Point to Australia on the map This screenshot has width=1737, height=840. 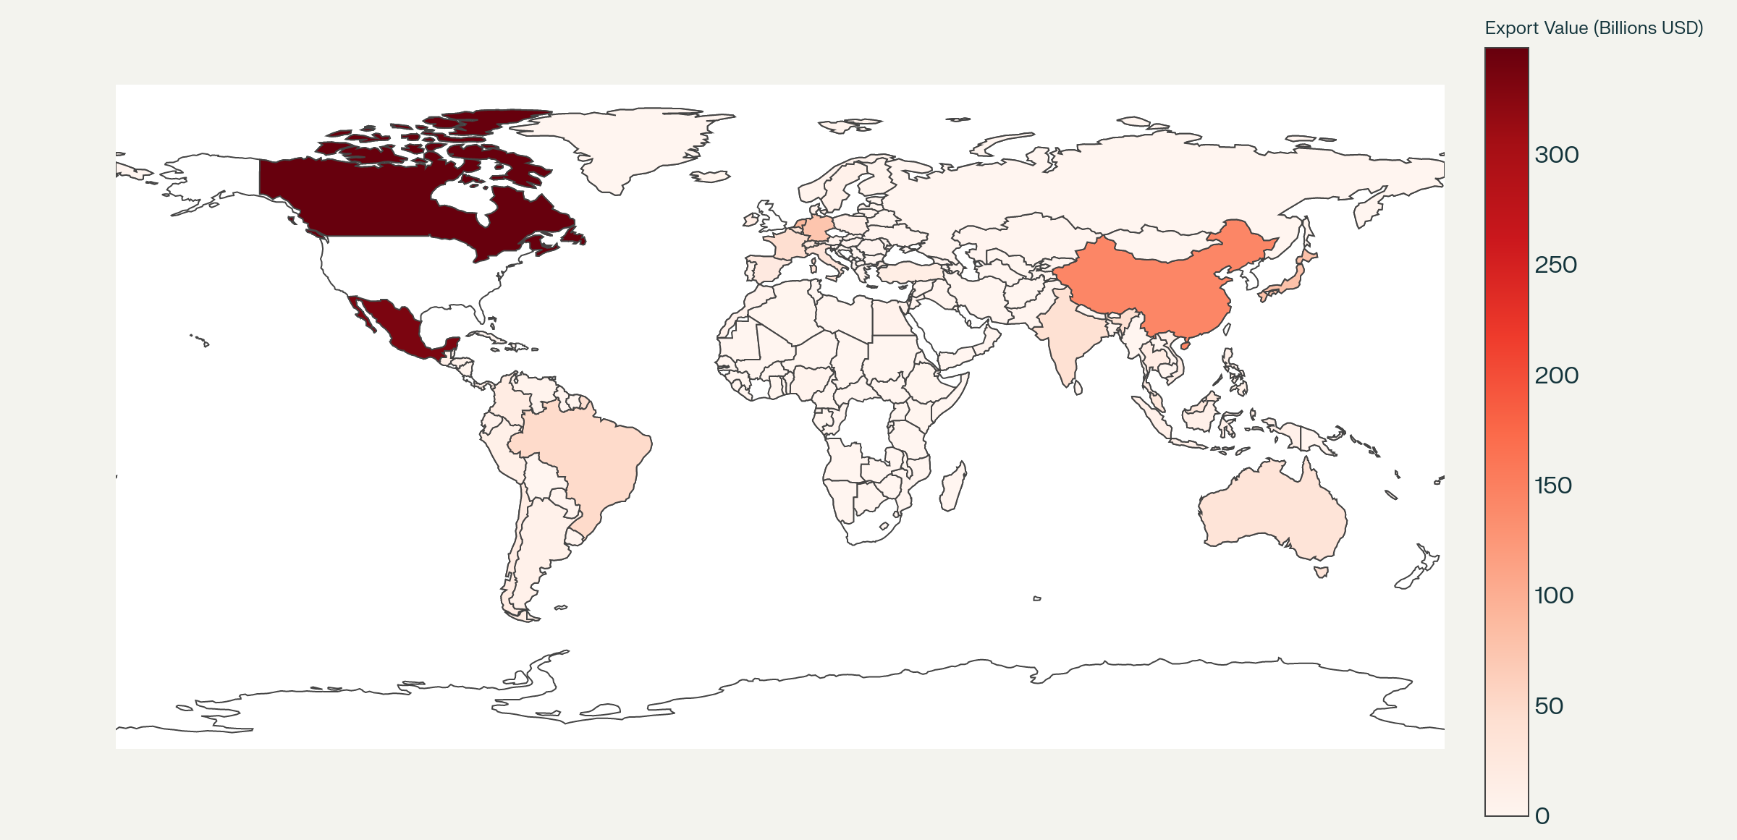click(x=1274, y=514)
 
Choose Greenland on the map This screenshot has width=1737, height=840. click(x=630, y=145)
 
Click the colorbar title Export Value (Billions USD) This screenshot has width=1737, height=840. click(x=1594, y=28)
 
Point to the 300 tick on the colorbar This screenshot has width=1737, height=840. click(x=1557, y=155)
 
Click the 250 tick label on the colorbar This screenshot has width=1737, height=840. click(x=1556, y=265)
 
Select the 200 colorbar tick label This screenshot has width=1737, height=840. click(x=1557, y=376)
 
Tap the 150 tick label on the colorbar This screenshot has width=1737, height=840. click(x=1553, y=485)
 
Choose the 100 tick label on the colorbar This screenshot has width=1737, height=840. click(x=1553, y=595)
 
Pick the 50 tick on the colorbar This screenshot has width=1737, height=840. click(x=1549, y=706)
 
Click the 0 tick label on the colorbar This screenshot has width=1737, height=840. click(x=1542, y=816)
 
